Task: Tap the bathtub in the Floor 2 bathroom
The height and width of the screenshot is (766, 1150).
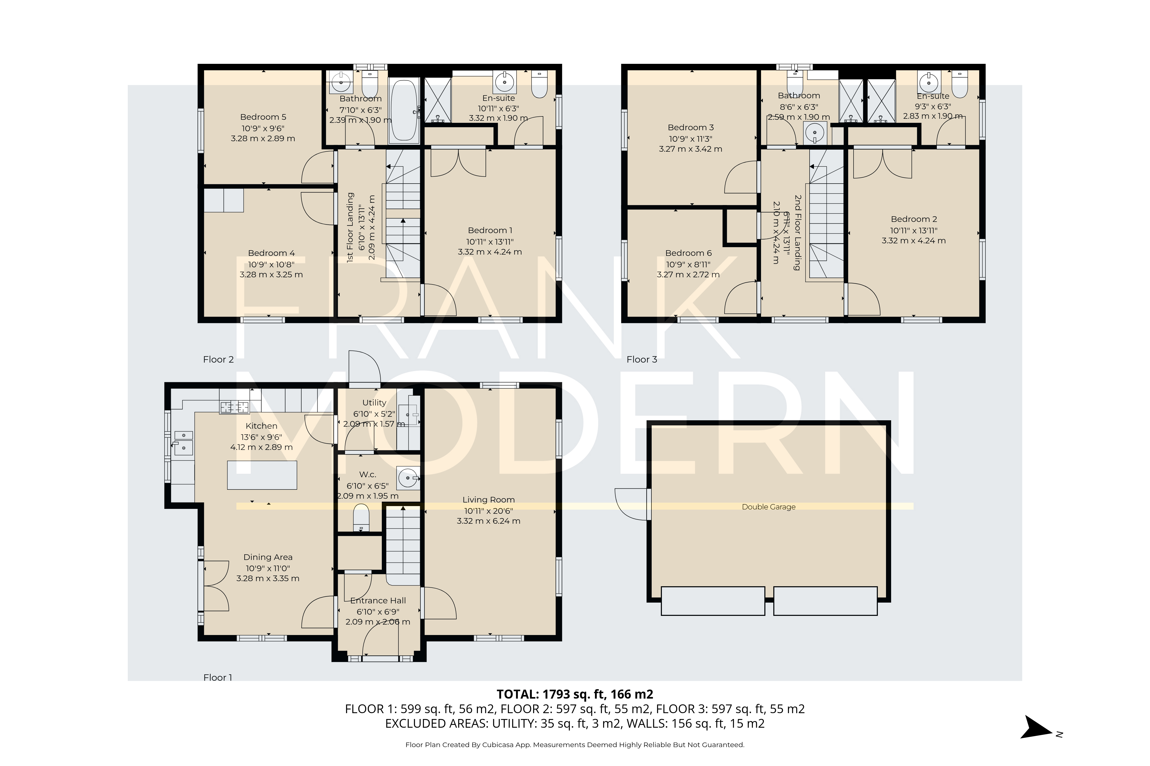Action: (x=404, y=111)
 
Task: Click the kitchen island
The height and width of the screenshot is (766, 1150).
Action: (x=262, y=475)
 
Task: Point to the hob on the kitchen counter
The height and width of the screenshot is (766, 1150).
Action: (x=235, y=407)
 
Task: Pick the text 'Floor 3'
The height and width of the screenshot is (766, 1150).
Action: (x=641, y=360)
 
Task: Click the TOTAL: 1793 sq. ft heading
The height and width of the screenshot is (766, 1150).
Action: (x=574, y=694)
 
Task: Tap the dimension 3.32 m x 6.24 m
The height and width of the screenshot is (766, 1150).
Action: (x=488, y=521)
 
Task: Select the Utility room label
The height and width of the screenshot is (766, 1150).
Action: (x=374, y=403)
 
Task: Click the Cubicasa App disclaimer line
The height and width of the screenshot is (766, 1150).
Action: (x=574, y=745)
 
